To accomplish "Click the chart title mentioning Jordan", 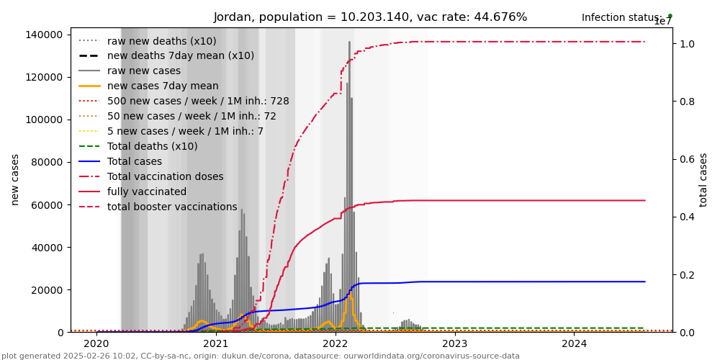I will point(370,17).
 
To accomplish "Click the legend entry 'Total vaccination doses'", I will point(165,176).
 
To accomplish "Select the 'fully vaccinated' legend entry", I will point(147,192).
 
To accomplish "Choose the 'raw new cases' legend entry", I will point(144,71).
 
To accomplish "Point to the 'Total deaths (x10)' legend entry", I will point(152,146).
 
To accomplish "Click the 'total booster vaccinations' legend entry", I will point(172,207).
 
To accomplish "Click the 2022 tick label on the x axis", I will point(336,343).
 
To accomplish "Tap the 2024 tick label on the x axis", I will point(574,343).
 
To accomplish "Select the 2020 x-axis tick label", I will point(96,343).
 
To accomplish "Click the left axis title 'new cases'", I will point(15,179).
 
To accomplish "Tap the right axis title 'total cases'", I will point(704,179).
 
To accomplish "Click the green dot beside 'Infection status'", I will point(670,16).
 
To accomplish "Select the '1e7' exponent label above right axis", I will point(663,22).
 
